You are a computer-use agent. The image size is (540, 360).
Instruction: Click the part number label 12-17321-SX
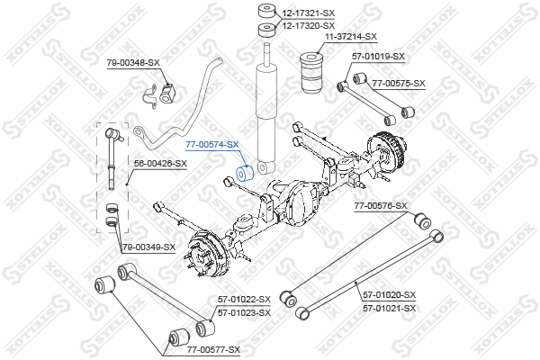point(308,13)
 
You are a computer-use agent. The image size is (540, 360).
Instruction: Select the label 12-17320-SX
point(308,25)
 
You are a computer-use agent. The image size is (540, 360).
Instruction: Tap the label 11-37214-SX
point(351,37)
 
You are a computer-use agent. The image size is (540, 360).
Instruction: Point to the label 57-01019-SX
point(378,56)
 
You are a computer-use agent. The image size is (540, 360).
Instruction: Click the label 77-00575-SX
point(399,83)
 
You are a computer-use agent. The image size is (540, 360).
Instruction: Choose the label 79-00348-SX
point(133,63)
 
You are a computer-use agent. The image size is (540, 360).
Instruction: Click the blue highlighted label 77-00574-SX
point(212,145)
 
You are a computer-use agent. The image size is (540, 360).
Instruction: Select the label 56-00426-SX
point(160,163)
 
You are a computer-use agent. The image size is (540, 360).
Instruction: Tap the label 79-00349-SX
point(149,247)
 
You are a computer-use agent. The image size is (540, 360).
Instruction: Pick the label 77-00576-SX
point(381,206)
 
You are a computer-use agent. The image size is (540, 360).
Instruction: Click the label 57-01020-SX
point(390,295)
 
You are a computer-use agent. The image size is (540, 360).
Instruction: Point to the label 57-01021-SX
point(390,308)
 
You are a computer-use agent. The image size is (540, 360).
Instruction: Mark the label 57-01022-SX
point(244,300)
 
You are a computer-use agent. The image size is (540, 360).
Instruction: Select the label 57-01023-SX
point(244,313)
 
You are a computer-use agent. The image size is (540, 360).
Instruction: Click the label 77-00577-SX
point(213,350)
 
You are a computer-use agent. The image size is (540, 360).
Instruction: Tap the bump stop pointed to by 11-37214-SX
point(312,72)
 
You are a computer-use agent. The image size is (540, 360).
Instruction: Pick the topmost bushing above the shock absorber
point(267,11)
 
